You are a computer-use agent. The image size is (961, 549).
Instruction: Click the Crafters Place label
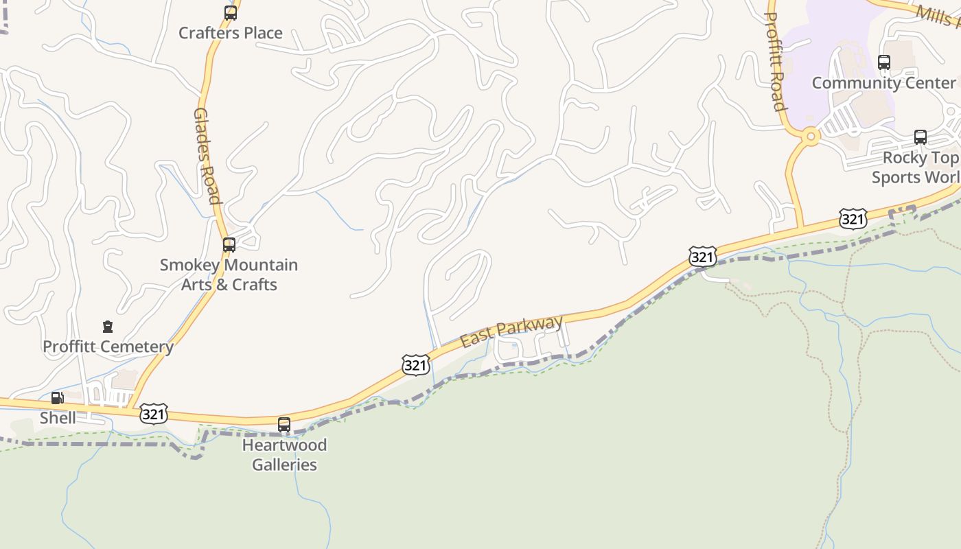coord(230,33)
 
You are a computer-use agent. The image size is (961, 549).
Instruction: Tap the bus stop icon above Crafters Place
coord(231,12)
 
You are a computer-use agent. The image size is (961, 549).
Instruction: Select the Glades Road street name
coord(207,156)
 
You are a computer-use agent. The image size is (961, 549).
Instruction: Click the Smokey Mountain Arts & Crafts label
coord(229,274)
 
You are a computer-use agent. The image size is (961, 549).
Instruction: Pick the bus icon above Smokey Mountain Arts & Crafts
coord(229,244)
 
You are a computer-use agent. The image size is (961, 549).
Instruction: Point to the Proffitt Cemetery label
coord(108,347)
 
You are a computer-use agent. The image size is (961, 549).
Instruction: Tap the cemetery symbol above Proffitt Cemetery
coord(108,327)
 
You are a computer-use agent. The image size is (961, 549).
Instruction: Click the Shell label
coord(58,417)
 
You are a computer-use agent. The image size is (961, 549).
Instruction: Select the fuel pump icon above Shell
coord(58,398)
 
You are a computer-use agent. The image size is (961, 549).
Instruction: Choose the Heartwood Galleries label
coord(284,454)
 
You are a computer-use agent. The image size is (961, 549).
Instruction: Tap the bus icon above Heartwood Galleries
coord(284,425)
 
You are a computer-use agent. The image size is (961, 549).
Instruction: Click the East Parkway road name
coord(511,331)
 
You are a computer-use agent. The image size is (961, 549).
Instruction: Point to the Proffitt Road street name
coord(774,61)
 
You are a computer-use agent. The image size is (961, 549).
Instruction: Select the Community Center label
coord(883,83)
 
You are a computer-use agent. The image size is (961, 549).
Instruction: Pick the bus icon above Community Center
coord(884,62)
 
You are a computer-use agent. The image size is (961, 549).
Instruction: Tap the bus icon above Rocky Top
coord(921,137)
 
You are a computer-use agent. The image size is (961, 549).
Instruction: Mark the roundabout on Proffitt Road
coord(811,137)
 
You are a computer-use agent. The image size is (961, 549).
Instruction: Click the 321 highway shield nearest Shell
coord(153,414)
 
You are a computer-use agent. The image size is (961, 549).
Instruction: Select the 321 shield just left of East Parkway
coord(416,365)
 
